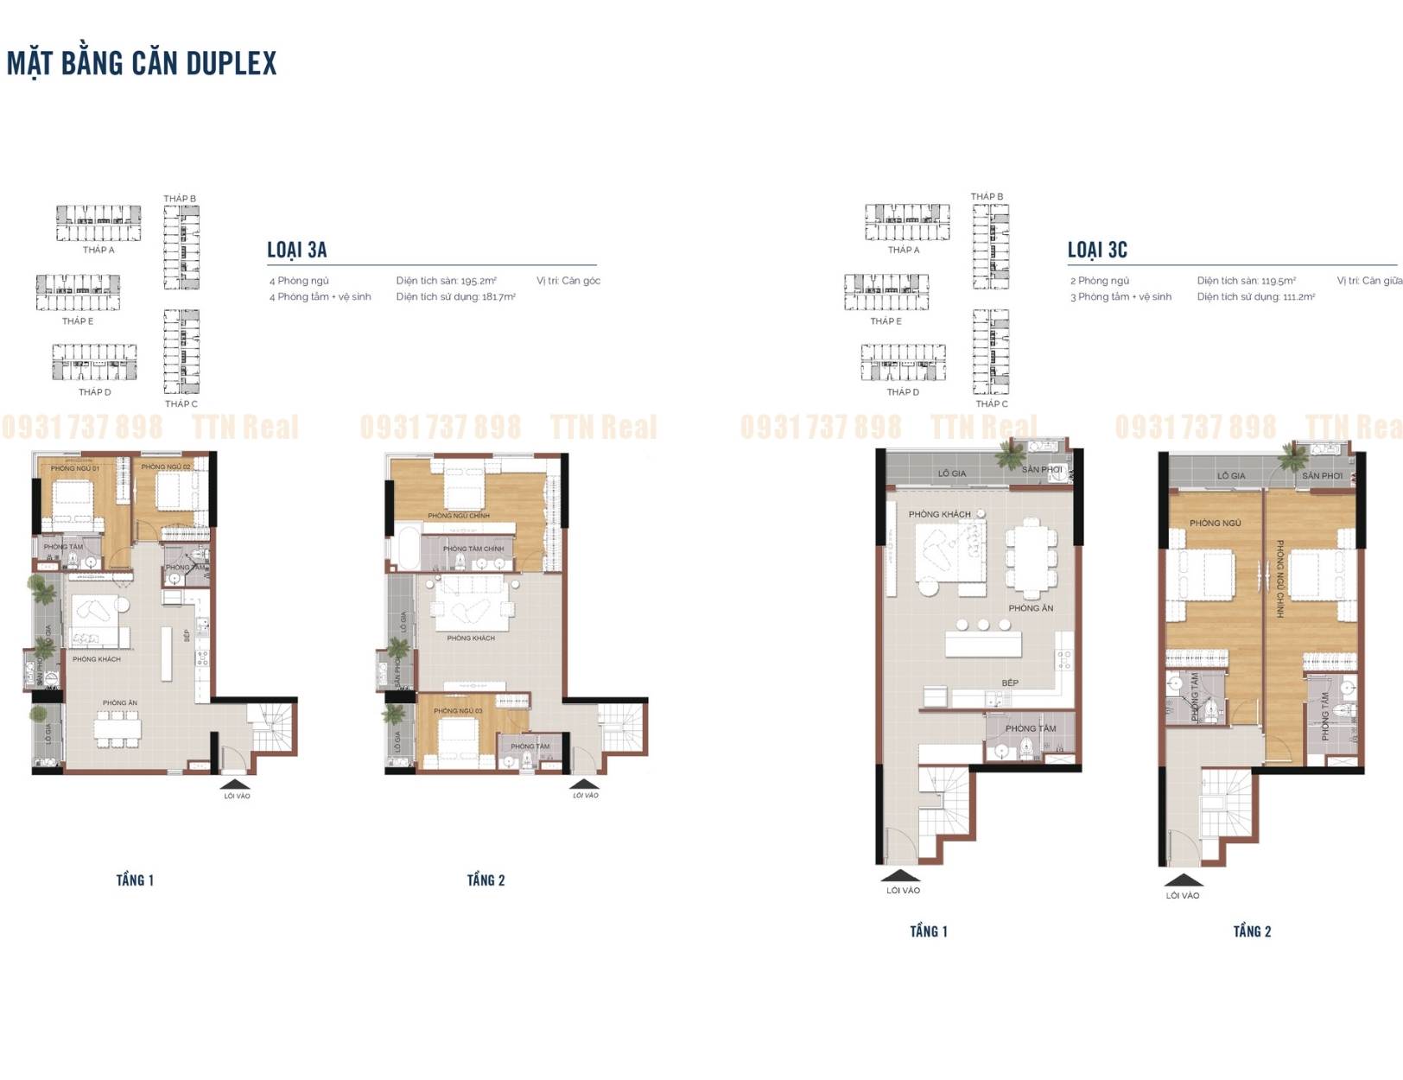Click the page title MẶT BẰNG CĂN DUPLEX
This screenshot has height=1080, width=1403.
tap(142, 63)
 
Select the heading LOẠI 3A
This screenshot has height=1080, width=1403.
tap(296, 250)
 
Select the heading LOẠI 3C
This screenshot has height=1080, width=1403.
tap(1097, 250)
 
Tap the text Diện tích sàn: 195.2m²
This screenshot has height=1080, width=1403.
tap(446, 281)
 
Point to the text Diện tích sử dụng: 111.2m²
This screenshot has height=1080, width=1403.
tap(1255, 297)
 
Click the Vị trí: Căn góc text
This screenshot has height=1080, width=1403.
tap(568, 281)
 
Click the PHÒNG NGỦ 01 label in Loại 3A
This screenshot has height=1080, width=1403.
tap(74, 468)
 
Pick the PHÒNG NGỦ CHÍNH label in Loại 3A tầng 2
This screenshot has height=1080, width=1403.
tap(458, 516)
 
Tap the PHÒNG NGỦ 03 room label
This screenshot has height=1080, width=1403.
tap(458, 711)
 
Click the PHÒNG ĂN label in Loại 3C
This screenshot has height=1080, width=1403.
tap(1031, 608)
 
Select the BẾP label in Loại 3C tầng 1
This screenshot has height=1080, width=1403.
tap(1009, 683)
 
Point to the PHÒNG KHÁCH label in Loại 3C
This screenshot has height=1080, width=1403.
tap(939, 514)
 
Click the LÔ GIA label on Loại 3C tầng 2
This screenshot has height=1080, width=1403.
tap(1230, 476)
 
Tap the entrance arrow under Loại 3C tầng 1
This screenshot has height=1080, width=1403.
tap(901, 874)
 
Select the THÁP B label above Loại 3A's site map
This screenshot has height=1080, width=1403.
tap(180, 199)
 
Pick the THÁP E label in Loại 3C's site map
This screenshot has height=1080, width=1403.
tap(886, 321)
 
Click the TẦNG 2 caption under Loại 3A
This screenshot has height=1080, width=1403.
tap(486, 880)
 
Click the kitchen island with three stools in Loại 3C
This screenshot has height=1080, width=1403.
tap(982, 645)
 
